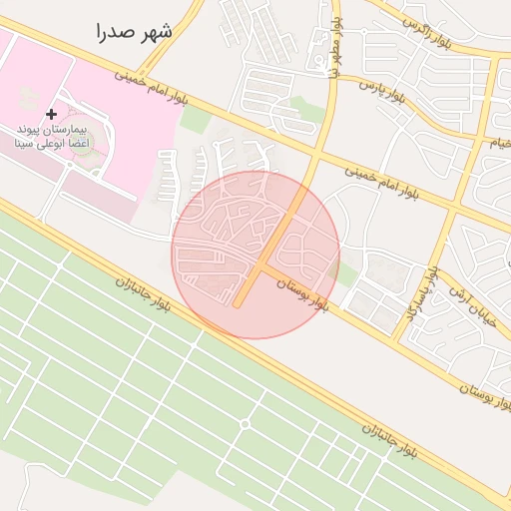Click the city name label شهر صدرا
pyautogui.click(x=135, y=32)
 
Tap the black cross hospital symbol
pyautogui.click(x=52, y=115)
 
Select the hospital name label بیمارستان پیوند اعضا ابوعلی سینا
pyautogui.click(x=52, y=137)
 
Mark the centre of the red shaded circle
pyautogui.click(x=255, y=255)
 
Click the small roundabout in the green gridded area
pyautogui.click(x=245, y=424)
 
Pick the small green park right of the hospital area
pyautogui.click(x=197, y=120)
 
